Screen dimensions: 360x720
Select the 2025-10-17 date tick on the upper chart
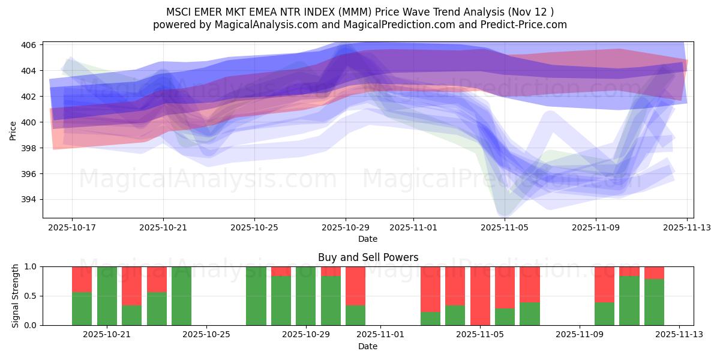(x=72, y=227)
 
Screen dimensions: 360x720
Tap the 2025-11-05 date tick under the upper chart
(x=505, y=227)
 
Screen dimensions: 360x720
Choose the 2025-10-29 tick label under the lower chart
(x=306, y=335)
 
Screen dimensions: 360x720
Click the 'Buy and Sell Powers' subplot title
(x=368, y=257)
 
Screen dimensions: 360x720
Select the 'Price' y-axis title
(x=13, y=130)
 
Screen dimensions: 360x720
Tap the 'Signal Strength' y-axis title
(x=16, y=296)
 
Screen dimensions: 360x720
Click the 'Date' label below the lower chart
(x=368, y=346)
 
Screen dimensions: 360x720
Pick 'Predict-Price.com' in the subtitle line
(x=526, y=25)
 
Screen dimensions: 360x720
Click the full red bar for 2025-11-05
(x=480, y=296)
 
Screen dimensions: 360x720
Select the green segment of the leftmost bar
(x=82, y=308)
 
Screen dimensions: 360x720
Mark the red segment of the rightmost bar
(x=654, y=272)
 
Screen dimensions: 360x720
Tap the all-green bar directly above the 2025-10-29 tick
(x=306, y=296)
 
